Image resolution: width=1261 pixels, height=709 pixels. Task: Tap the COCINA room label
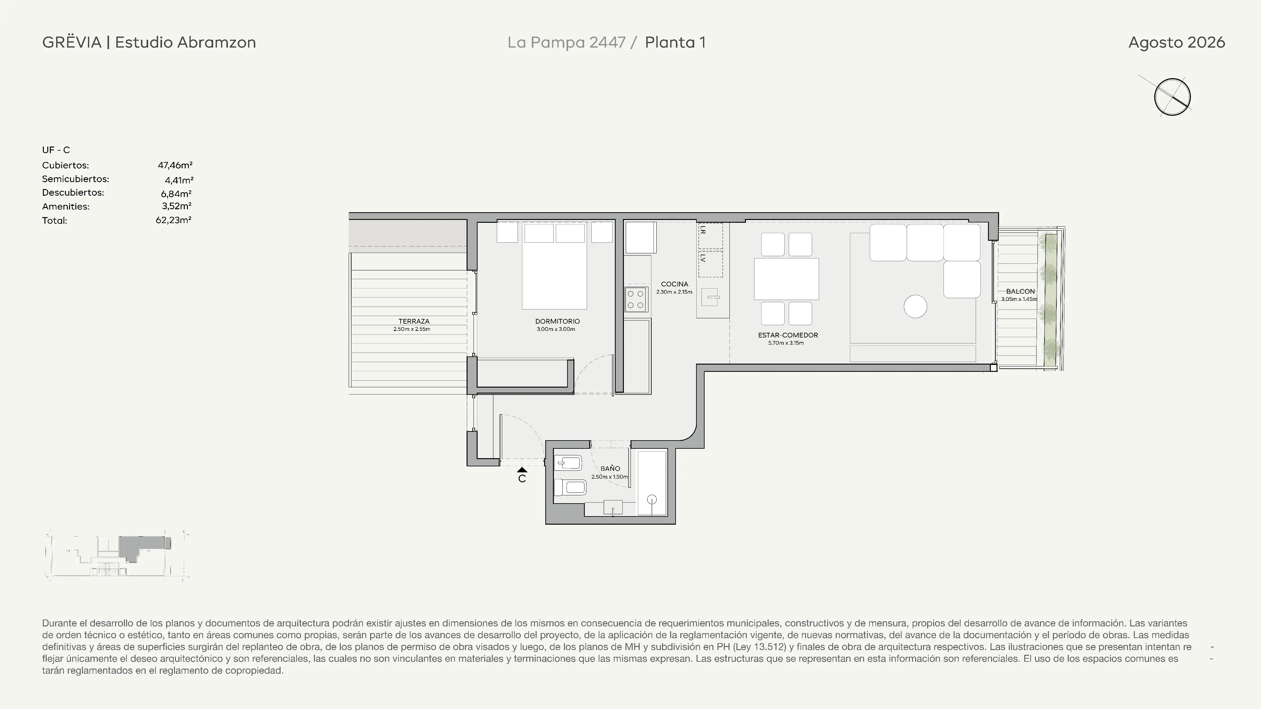[675, 284]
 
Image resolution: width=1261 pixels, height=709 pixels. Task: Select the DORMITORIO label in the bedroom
[558, 321]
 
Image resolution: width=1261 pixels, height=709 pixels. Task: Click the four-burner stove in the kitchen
[636, 299]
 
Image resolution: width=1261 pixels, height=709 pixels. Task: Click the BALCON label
[1021, 291]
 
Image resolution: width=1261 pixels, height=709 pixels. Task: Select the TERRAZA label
[414, 321]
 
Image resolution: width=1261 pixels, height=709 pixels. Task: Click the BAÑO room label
[610, 469]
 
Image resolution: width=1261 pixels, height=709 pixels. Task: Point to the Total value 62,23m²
[173, 220]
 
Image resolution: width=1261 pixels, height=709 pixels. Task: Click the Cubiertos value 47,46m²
[175, 165]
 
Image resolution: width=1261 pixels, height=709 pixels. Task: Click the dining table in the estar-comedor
[786, 279]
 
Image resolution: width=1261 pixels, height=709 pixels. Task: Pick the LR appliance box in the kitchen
[710, 236]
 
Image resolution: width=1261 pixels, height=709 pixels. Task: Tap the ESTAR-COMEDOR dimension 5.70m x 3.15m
[786, 343]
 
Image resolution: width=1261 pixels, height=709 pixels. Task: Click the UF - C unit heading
[56, 150]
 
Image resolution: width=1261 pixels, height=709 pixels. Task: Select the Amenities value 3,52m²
[177, 206]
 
